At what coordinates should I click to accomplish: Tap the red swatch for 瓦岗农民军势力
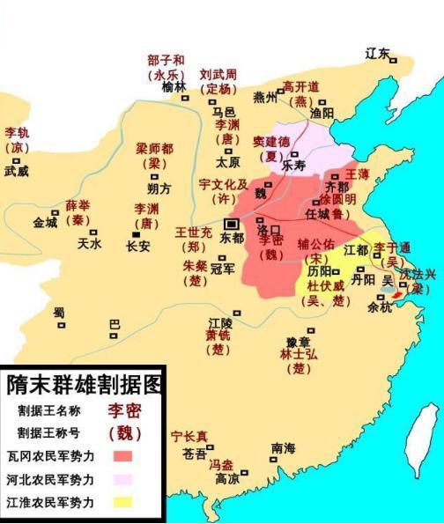123,456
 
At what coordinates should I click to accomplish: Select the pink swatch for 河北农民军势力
123,480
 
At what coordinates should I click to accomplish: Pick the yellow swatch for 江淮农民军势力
123,503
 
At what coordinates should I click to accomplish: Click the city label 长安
138,247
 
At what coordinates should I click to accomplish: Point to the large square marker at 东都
231,224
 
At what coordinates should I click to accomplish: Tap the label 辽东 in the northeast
377,54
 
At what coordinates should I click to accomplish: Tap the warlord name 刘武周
216,75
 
